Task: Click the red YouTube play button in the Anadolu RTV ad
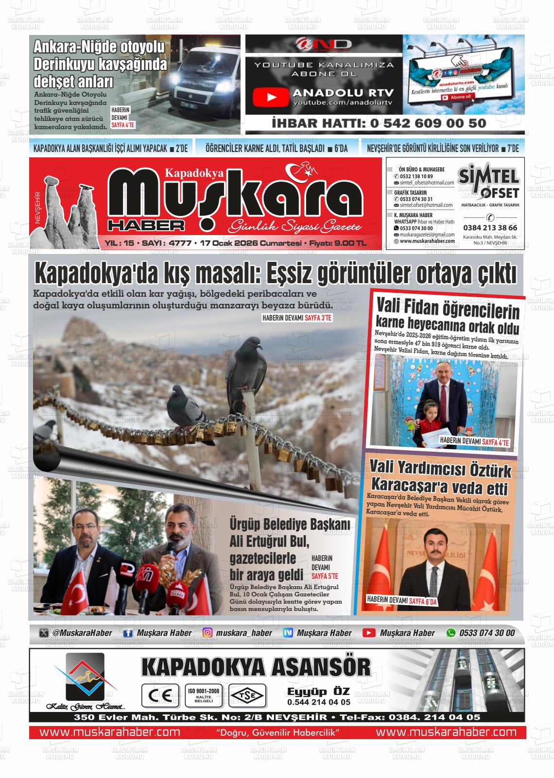(x=271, y=97)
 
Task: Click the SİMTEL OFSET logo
(x=489, y=182)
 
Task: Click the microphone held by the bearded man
(x=171, y=548)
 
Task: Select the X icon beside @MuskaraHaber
(x=44, y=633)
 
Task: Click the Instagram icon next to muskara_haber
(x=208, y=633)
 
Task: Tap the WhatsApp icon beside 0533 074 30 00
(x=451, y=633)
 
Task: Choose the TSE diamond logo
(x=247, y=695)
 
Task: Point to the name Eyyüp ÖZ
(x=318, y=691)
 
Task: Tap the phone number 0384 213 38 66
(x=490, y=227)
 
